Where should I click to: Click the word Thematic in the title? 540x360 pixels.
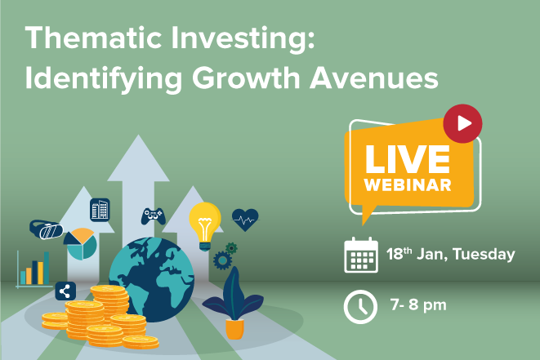pos(93,38)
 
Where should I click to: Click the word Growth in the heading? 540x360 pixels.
pos(247,78)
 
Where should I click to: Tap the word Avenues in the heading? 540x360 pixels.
pos(374,78)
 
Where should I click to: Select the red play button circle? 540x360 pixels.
pos(462,123)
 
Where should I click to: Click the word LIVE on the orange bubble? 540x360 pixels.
pos(408,159)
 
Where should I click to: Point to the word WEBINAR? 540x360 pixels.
pos(408,185)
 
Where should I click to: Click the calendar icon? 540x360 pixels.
pos(361,255)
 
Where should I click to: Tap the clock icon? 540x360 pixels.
pos(360,307)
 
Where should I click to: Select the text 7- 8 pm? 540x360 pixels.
pos(418,305)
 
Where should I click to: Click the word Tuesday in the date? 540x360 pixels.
pos(484,255)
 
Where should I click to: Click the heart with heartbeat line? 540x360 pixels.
pos(245,220)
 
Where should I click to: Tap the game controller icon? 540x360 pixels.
pos(154,216)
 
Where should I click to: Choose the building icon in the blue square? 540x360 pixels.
pos(100,210)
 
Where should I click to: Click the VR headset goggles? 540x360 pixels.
pos(47,229)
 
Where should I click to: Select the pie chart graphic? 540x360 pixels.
pos(81,243)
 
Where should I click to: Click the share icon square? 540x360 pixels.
pos(65,291)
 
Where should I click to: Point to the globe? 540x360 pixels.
pos(151,279)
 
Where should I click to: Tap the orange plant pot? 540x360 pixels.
pos(235,329)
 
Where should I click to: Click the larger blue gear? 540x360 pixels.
pos(222,260)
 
